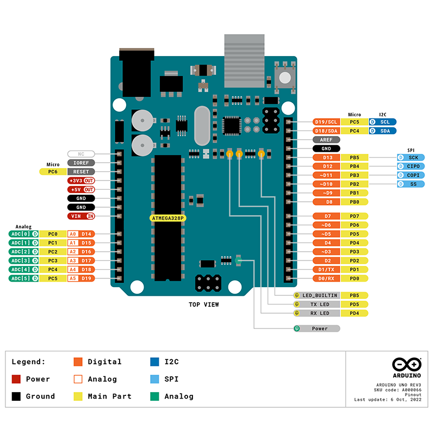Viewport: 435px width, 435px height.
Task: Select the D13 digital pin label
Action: [x=327, y=157]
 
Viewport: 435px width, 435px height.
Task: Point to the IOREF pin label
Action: [x=81, y=163]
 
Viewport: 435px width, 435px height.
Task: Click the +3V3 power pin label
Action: [x=81, y=181]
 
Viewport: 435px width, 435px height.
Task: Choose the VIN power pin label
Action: [x=81, y=216]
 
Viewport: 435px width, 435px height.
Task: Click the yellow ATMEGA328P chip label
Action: [x=169, y=218]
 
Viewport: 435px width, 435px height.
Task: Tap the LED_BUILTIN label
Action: [x=320, y=295]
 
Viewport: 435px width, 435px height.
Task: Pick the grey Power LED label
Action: [x=320, y=328]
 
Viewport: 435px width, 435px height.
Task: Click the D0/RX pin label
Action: [x=327, y=278]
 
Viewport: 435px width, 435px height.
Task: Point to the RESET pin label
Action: [x=81, y=171]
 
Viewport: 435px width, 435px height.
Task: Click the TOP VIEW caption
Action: [x=204, y=304]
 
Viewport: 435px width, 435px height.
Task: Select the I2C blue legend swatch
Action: [x=154, y=362]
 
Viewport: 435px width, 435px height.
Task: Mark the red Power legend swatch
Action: [x=16, y=379]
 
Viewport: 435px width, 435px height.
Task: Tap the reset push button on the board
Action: [x=284, y=77]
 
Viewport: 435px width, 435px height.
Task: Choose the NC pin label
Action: [x=81, y=154]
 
